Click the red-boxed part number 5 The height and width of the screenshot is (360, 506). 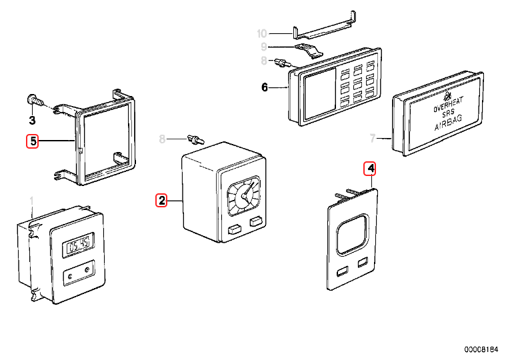[32, 141]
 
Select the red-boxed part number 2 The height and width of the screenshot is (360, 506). [161, 199]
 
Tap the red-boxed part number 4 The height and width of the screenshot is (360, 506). [370, 169]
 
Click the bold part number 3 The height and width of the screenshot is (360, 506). [31, 120]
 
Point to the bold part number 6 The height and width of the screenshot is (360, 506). [264, 87]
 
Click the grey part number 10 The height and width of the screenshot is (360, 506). [261, 33]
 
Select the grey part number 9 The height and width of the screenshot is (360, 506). [264, 47]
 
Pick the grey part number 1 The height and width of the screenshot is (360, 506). [31, 201]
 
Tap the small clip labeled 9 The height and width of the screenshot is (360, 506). [309, 51]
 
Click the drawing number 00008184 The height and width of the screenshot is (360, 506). [481, 349]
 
